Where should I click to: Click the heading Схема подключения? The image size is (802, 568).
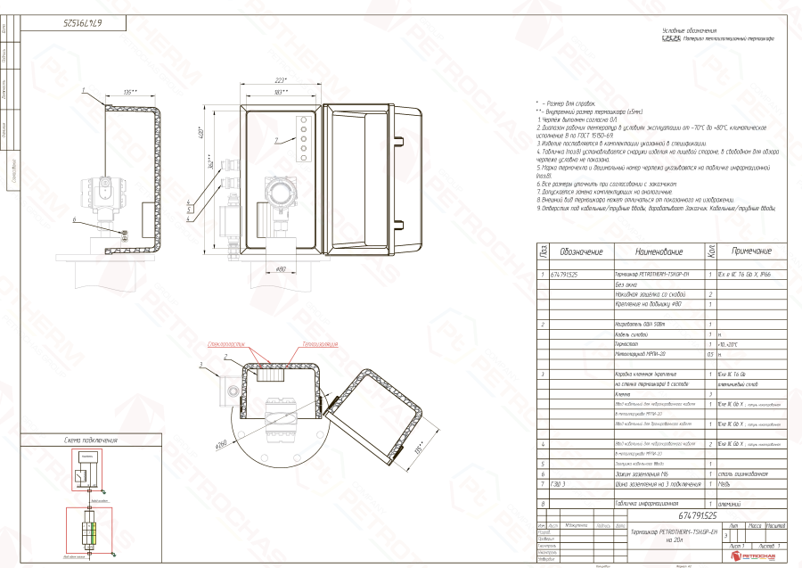pyautogui.click(x=91, y=440)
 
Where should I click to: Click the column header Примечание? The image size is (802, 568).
pyautogui.click(x=750, y=251)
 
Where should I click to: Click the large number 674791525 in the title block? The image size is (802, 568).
pyautogui.click(x=698, y=515)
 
